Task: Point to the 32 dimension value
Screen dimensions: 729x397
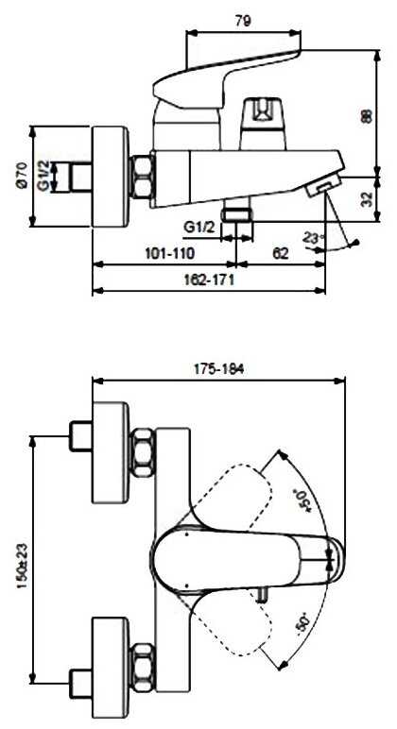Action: [368, 199]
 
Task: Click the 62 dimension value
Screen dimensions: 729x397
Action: [280, 253]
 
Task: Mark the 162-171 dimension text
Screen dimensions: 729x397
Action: [209, 280]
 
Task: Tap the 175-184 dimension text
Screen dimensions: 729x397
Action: [217, 369]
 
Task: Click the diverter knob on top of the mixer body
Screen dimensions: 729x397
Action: [262, 116]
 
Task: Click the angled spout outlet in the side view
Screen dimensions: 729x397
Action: [326, 185]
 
